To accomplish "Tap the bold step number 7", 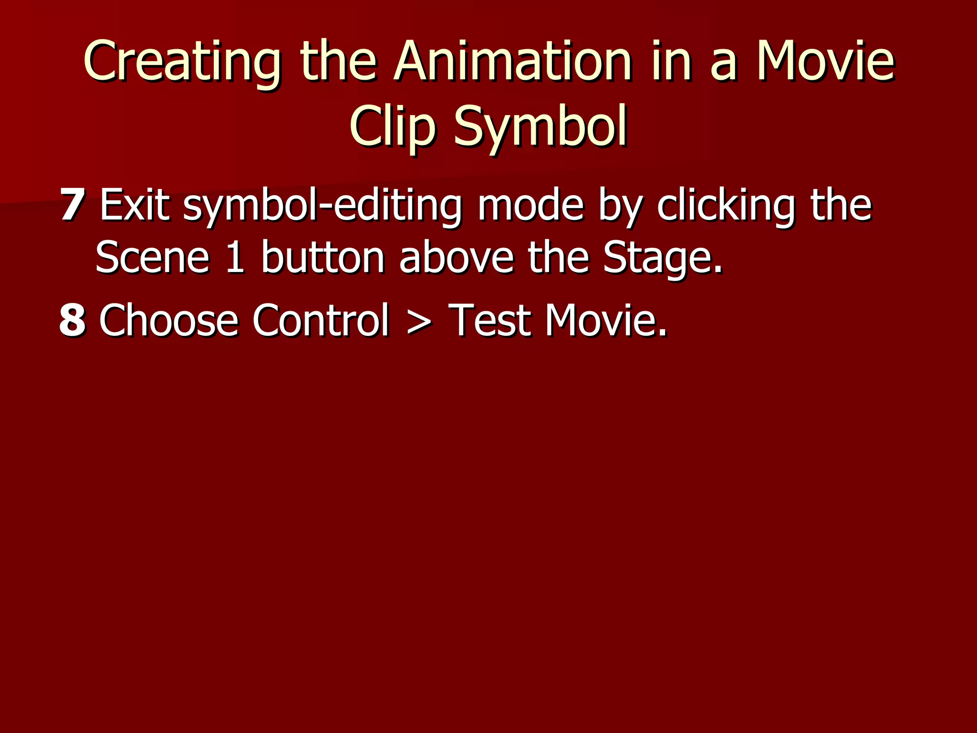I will pyautogui.click(x=73, y=205).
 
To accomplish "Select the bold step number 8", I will pyautogui.click(x=73, y=320).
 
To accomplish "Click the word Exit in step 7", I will pyautogui.click(x=135, y=205).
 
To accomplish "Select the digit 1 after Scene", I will pyautogui.click(x=235, y=258).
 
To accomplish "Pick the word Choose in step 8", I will pyautogui.click(x=168, y=320).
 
